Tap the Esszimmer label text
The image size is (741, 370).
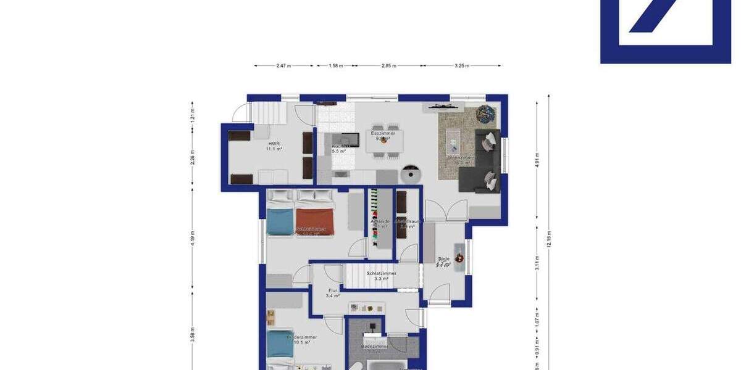[383, 133]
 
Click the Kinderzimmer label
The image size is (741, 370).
[302, 337]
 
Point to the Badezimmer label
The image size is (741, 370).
[375, 347]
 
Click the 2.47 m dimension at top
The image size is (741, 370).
[284, 65]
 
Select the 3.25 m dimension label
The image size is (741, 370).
[461, 65]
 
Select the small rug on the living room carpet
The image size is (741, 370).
[453, 142]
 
